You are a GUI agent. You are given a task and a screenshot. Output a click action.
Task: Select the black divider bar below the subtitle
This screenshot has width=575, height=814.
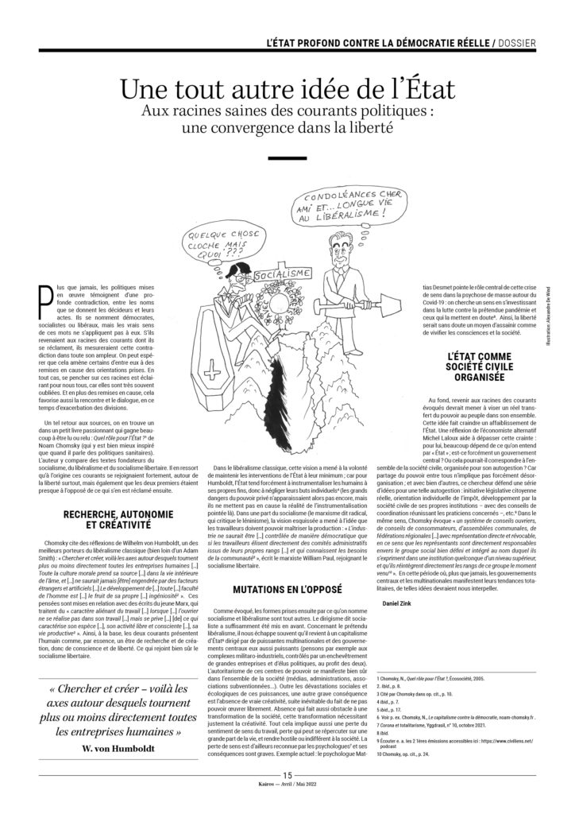(x=287, y=158)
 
